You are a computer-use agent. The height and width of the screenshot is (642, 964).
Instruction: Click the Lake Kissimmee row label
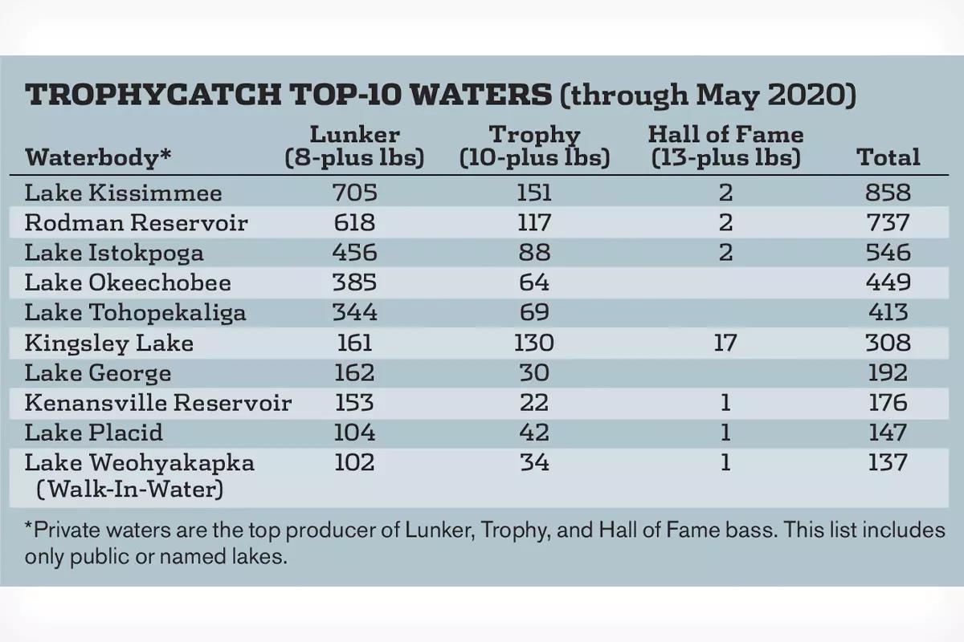[x=123, y=193]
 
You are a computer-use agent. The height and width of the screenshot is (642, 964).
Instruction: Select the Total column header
[x=888, y=156]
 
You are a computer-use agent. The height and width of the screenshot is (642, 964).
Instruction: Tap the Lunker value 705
[x=354, y=193]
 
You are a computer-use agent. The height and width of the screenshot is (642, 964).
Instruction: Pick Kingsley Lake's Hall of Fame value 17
[x=725, y=343]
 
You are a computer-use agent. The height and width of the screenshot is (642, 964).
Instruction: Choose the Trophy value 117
[x=533, y=223]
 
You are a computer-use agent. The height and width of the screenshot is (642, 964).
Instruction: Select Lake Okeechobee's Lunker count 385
[x=354, y=282]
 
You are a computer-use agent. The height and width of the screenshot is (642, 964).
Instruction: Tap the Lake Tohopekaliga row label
[x=135, y=313]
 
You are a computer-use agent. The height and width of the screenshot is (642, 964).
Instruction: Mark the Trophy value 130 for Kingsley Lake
[x=533, y=343]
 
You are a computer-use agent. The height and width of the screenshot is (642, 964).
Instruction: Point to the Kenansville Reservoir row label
[x=157, y=403]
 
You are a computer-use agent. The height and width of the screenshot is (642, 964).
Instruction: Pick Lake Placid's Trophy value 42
[x=533, y=433]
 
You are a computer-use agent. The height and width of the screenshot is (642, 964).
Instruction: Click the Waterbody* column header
[x=98, y=157]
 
